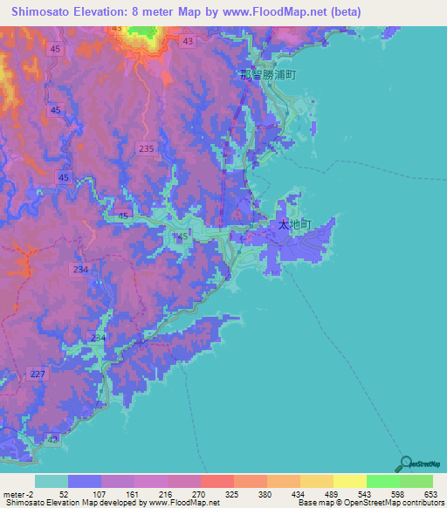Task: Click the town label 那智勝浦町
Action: pyautogui.click(x=269, y=75)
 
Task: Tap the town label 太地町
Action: pyautogui.click(x=294, y=224)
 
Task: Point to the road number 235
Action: pyautogui.click(x=146, y=149)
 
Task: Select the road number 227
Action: pyautogui.click(x=38, y=374)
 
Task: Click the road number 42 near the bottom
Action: pyautogui.click(x=55, y=439)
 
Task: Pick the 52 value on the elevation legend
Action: pyautogui.click(x=63, y=495)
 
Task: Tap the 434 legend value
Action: pyautogui.click(x=298, y=495)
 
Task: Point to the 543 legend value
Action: pyautogui.click(x=365, y=495)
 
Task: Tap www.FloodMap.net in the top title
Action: pyautogui.click(x=265, y=12)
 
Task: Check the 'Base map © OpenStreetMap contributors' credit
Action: pyautogui.click(x=370, y=504)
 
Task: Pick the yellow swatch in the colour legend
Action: pyautogui.click(x=349, y=481)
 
